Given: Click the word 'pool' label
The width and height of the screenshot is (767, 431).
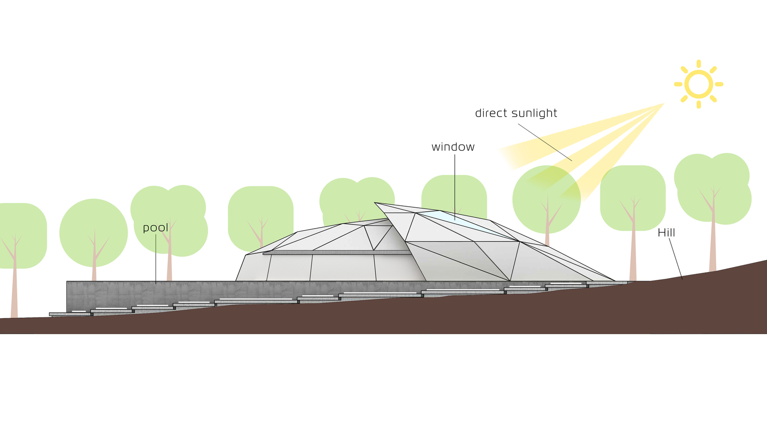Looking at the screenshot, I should tap(156, 228).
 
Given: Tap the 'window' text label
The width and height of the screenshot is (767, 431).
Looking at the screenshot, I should tap(453, 147).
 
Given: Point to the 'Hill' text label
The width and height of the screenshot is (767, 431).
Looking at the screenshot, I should tap(666, 233).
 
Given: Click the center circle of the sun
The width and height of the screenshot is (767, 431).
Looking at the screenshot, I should tap(699, 84).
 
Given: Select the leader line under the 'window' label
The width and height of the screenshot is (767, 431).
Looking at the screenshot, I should tap(455, 184).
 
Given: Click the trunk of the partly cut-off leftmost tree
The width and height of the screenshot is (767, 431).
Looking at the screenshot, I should tap(14, 286).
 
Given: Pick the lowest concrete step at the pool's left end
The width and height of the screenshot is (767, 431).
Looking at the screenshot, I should tap(71, 314).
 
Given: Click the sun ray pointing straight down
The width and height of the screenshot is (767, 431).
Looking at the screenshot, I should tap(699, 104).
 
